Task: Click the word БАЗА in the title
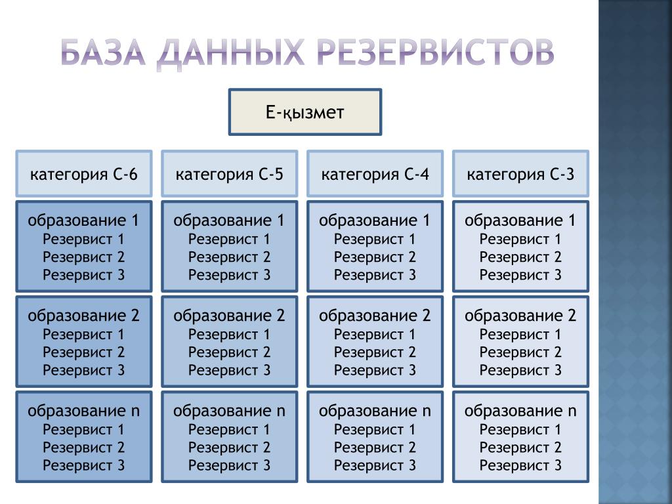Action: [103, 52]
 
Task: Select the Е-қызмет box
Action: [305, 113]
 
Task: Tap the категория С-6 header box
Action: [84, 174]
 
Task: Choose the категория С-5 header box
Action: [230, 174]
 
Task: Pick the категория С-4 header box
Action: [375, 174]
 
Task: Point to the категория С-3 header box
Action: [521, 174]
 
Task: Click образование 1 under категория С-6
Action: [84, 220]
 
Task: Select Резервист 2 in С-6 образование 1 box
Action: [84, 257]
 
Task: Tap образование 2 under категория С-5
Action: [230, 316]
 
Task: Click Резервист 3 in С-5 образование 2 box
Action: [230, 369]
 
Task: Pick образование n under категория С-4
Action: [375, 411]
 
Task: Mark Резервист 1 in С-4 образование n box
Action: [375, 430]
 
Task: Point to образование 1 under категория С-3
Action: [520, 220]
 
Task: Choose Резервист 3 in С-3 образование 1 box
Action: [520, 274]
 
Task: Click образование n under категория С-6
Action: [84, 411]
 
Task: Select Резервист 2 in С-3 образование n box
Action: [520, 448]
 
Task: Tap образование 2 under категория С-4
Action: [375, 316]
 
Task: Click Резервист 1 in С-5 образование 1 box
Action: [230, 239]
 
